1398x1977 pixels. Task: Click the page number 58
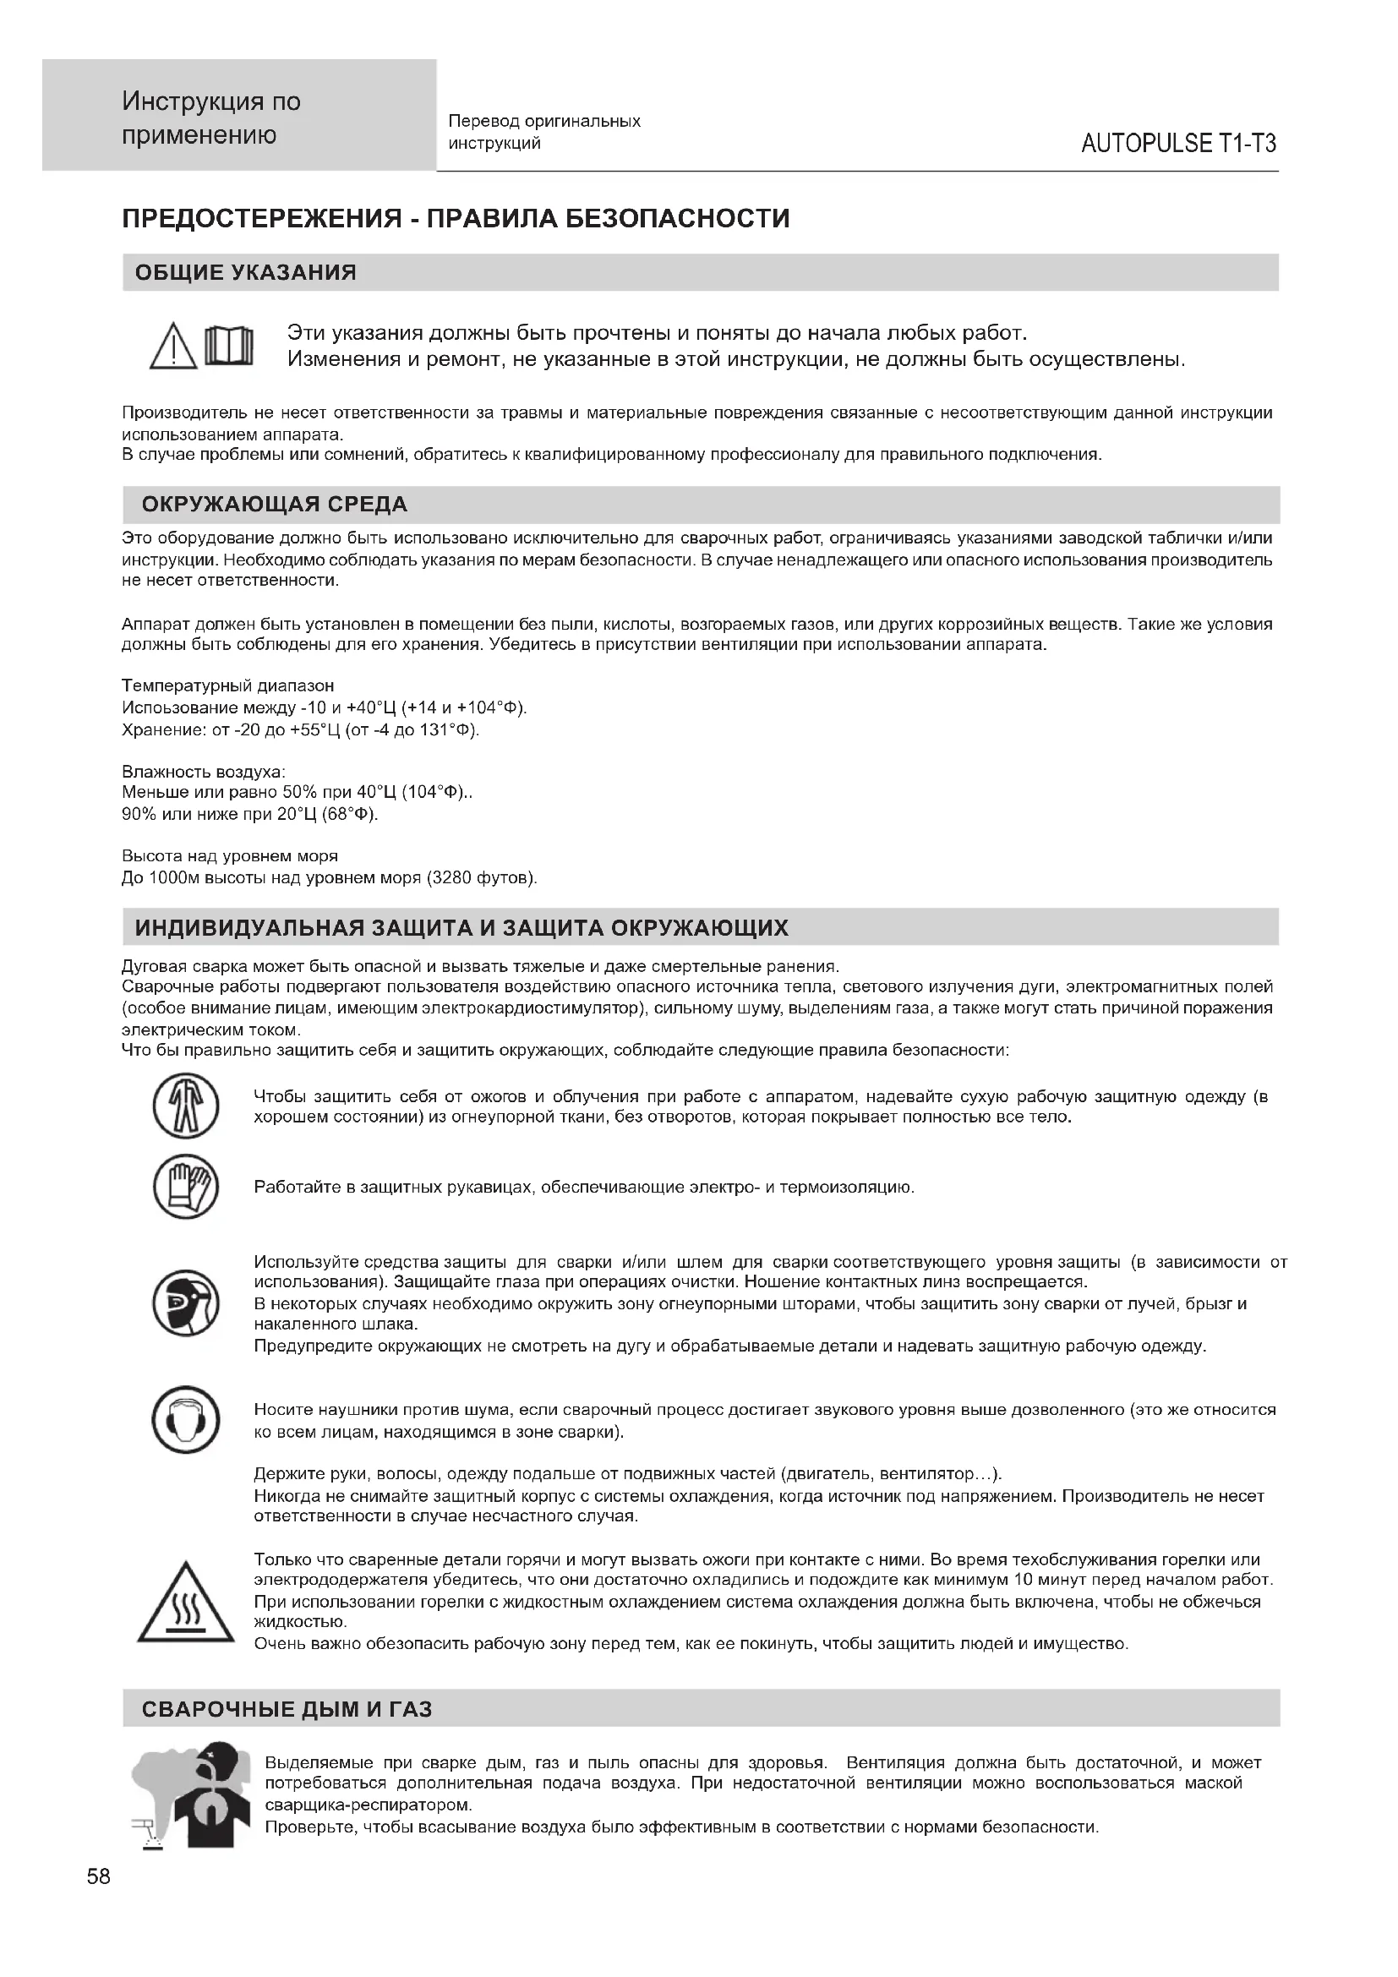coord(99,1876)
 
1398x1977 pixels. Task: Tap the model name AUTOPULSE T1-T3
coord(1177,144)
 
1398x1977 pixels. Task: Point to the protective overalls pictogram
coord(186,1106)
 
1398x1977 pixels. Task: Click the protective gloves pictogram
coord(186,1187)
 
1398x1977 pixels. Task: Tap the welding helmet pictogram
coord(186,1303)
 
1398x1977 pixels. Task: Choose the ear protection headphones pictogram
coord(186,1419)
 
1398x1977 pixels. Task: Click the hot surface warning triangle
coord(186,1603)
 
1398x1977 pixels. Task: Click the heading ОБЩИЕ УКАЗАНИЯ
coord(246,273)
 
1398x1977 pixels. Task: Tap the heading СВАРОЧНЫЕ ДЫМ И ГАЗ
coord(287,1708)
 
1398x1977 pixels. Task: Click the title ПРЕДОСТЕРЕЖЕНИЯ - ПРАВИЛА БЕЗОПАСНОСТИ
coord(456,219)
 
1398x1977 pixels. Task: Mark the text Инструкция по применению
coord(212,119)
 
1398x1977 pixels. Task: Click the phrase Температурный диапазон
coord(228,686)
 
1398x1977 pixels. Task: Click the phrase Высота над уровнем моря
coord(230,856)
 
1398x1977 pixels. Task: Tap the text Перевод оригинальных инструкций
coord(544,132)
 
